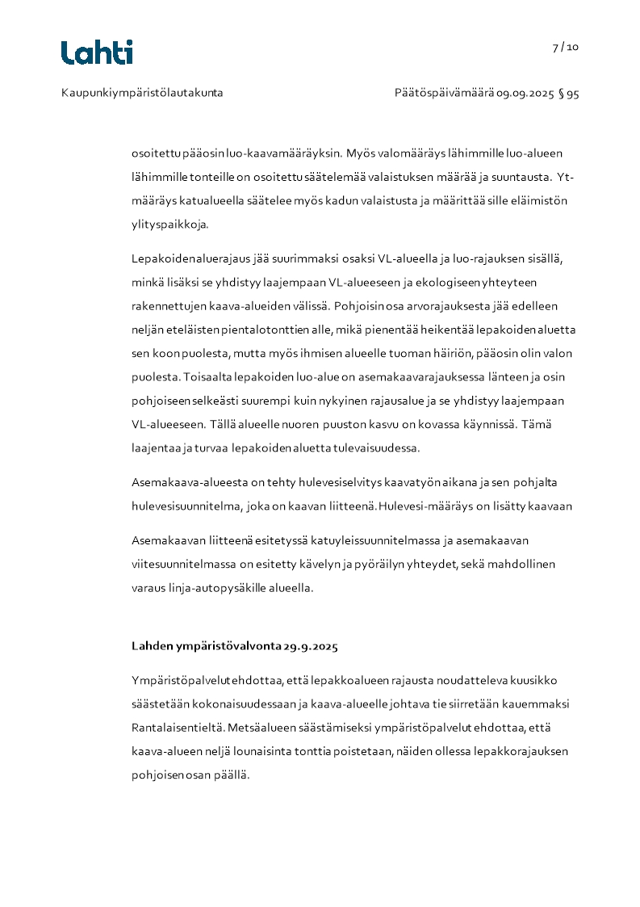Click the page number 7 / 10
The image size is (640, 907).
[566, 47]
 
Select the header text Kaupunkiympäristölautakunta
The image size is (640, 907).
[142, 93]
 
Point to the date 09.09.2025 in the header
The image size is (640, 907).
[525, 93]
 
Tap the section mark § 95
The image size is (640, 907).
[569, 93]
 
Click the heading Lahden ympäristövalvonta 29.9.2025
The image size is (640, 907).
[234, 646]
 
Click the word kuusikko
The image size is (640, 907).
[546, 680]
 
